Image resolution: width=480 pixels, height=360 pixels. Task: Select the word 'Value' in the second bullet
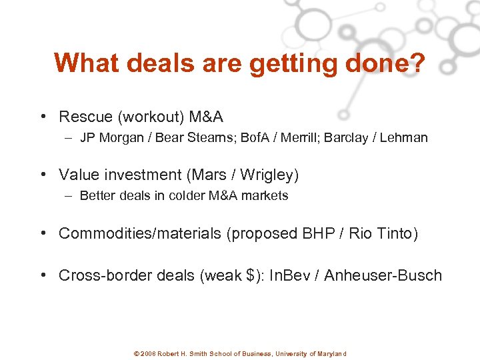[77, 175]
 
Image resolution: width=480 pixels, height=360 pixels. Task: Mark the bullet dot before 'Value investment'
[43, 175]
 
